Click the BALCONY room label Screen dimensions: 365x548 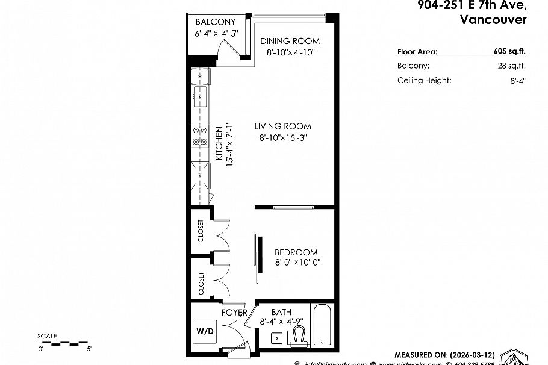(x=216, y=22)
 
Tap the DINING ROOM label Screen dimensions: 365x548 (x=290, y=41)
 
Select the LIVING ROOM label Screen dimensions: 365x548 (x=282, y=126)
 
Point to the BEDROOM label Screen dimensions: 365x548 (x=296, y=252)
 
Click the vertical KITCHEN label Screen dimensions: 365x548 (x=219, y=145)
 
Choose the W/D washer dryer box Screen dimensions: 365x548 (x=204, y=331)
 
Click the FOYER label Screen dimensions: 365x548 (x=234, y=313)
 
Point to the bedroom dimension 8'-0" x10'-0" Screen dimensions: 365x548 (x=297, y=263)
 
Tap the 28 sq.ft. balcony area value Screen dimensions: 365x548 (x=511, y=66)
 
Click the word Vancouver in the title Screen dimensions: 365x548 (x=493, y=19)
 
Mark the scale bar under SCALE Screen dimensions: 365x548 (x=63, y=343)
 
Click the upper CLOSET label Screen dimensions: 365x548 (x=201, y=231)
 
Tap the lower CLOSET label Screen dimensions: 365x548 (x=201, y=283)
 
